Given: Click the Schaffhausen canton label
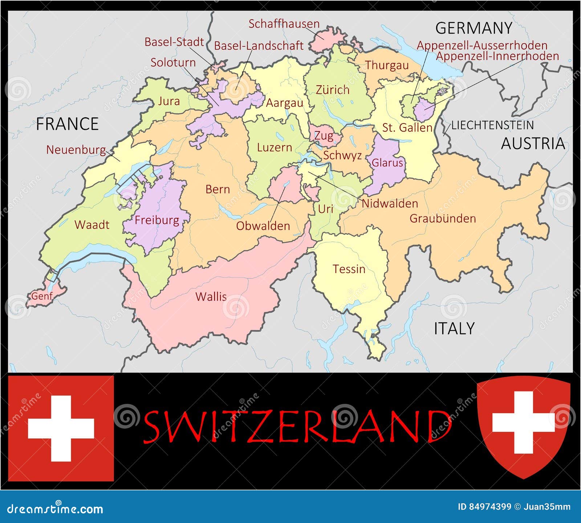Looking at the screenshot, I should (284, 24).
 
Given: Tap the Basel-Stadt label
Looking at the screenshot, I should (174, 42).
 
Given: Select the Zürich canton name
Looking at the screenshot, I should (333, 90).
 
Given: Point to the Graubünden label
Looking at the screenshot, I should (443, 218).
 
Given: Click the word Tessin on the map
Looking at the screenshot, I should (349, 269).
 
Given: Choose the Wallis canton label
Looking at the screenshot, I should (211, 297).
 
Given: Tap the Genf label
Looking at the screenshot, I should (42, 296).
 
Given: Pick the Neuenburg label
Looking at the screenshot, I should (76, 150).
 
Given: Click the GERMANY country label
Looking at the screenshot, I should (474, 28).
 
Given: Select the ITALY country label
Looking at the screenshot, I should (454, 328).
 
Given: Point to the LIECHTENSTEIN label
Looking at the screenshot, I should (492, 125).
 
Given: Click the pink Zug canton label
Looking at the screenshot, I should (324, 136).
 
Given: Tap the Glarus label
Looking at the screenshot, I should (387, 163).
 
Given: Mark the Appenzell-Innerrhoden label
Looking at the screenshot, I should (497, 56).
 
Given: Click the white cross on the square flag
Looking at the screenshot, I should (61, 428).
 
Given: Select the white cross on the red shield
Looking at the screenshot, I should (523, 422).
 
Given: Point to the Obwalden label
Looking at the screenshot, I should (263, 226).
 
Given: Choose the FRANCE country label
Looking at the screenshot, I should (68, 124).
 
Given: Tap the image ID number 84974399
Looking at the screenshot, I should (489, 507).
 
